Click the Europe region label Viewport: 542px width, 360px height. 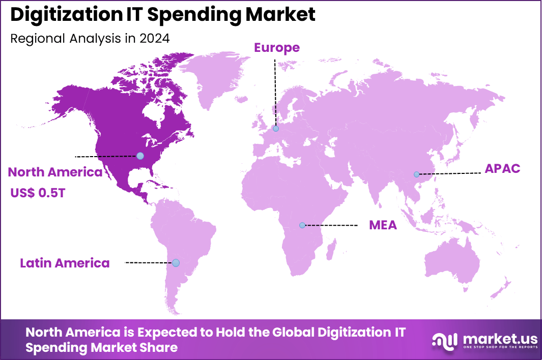coord(277,48)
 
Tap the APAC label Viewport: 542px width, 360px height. coord(502,169)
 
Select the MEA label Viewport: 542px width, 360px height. coord(383,225)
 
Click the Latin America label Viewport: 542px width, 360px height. coord(65,263)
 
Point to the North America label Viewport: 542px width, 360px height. coord(55,172)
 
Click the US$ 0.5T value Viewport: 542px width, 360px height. coord(38,193)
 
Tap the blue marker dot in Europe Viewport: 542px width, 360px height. coord(276,129)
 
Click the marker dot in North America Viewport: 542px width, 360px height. coord(140,156)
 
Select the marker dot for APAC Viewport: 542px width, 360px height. coord(417,174)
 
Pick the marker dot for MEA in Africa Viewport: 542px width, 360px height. coord(302,225)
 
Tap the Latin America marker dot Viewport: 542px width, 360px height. coord(176,263)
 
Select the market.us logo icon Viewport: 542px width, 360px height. coord(444,341)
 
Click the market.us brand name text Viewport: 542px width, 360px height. coord(494,338)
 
